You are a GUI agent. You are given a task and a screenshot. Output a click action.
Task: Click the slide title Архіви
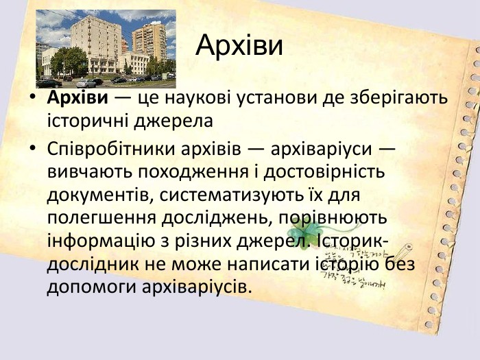239,45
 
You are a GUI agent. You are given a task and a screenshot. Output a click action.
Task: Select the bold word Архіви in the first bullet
77,97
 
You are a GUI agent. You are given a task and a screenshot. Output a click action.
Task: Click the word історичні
88,121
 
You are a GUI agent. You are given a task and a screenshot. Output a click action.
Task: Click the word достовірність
324,172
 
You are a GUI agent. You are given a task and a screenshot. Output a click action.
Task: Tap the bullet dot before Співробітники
32,148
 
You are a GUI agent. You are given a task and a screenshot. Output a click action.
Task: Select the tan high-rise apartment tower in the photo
149,41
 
